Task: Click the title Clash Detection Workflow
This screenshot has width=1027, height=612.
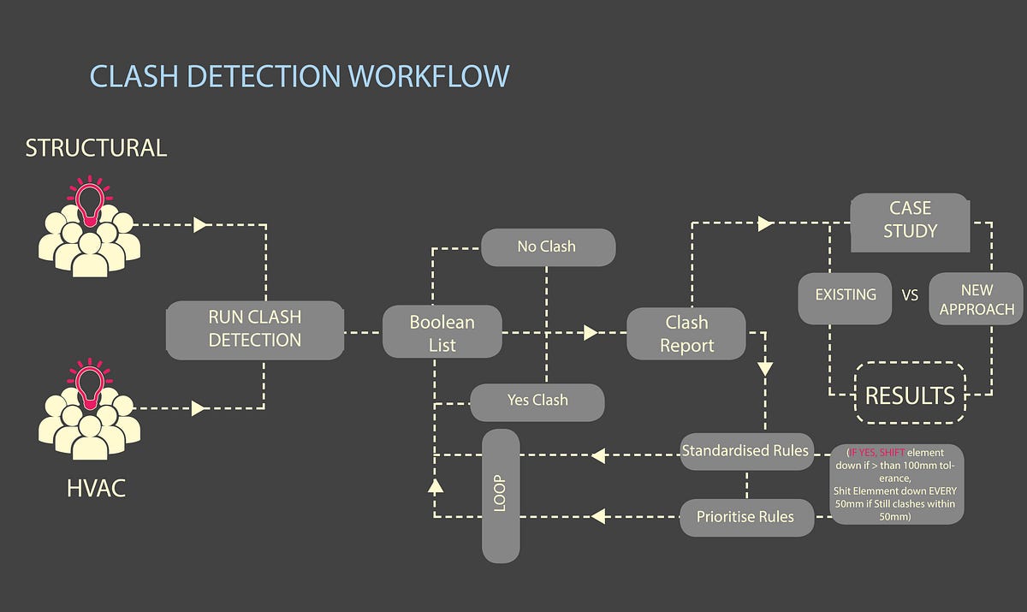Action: click(x=300, y=76)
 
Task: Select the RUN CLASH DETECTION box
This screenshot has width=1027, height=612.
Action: click(x=254, y=329)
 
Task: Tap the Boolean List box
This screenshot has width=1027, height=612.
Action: click(x=442, y=333)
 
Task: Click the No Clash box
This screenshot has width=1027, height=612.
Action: click(x=547, y=247)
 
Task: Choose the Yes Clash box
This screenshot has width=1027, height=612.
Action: click(x=537, y=401)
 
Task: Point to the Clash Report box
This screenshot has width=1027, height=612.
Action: click(x=686, y=333)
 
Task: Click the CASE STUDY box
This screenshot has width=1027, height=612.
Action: click(x=910, y=220)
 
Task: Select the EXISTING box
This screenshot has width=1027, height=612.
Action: click(x=846, y=295)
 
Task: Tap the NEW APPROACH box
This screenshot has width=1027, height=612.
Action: click(x=976, y=300)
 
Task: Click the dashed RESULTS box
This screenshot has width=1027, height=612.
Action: click(x=910, y=395)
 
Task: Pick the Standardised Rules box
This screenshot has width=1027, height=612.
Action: click(x=745, y=450)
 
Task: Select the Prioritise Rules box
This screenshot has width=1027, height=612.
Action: click(x=745, y=517)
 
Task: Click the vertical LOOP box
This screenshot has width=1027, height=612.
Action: click(x=501, y=495)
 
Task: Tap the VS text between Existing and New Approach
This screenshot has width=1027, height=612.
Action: click(x=910, y=295)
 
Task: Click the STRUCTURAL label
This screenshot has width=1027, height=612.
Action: click(x=96, y=148)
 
